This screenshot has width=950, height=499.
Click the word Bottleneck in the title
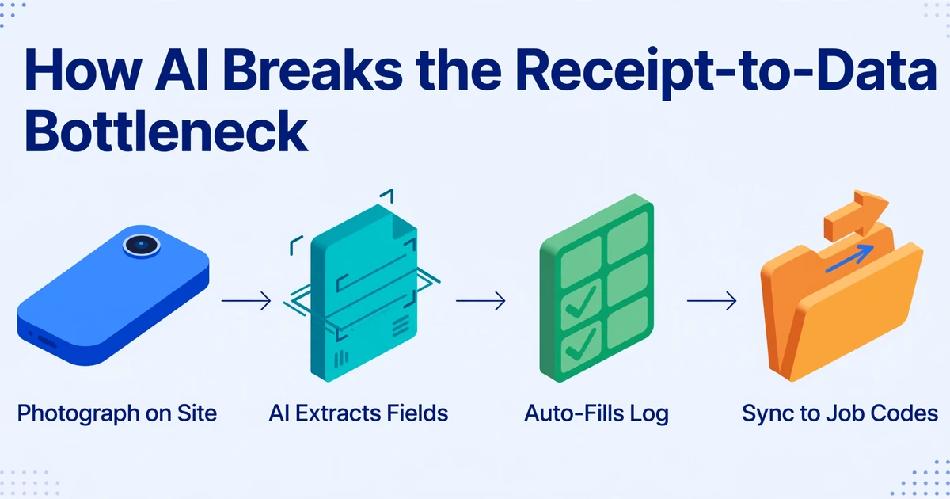click(x=165, y=130)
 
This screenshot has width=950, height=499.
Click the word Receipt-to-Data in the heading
click(x=726, y=73)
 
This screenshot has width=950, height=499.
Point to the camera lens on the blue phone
click(x=142, y=245)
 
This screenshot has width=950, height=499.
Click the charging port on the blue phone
click(x=47, y=341)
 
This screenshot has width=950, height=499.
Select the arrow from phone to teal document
click(x=246, y=301)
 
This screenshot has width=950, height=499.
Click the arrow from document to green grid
click(x=481, y=301)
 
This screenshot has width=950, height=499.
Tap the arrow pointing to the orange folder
click(x=712, y=301)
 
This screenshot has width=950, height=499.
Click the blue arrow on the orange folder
click(x=849, y=258)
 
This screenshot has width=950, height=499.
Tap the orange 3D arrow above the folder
click(x=856, y=215)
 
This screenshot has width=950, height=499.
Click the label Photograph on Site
click(x=117, y=413)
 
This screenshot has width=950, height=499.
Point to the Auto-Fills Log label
click(x=596, y=413)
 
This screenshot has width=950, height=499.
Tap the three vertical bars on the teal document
click(x=341, y=359)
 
